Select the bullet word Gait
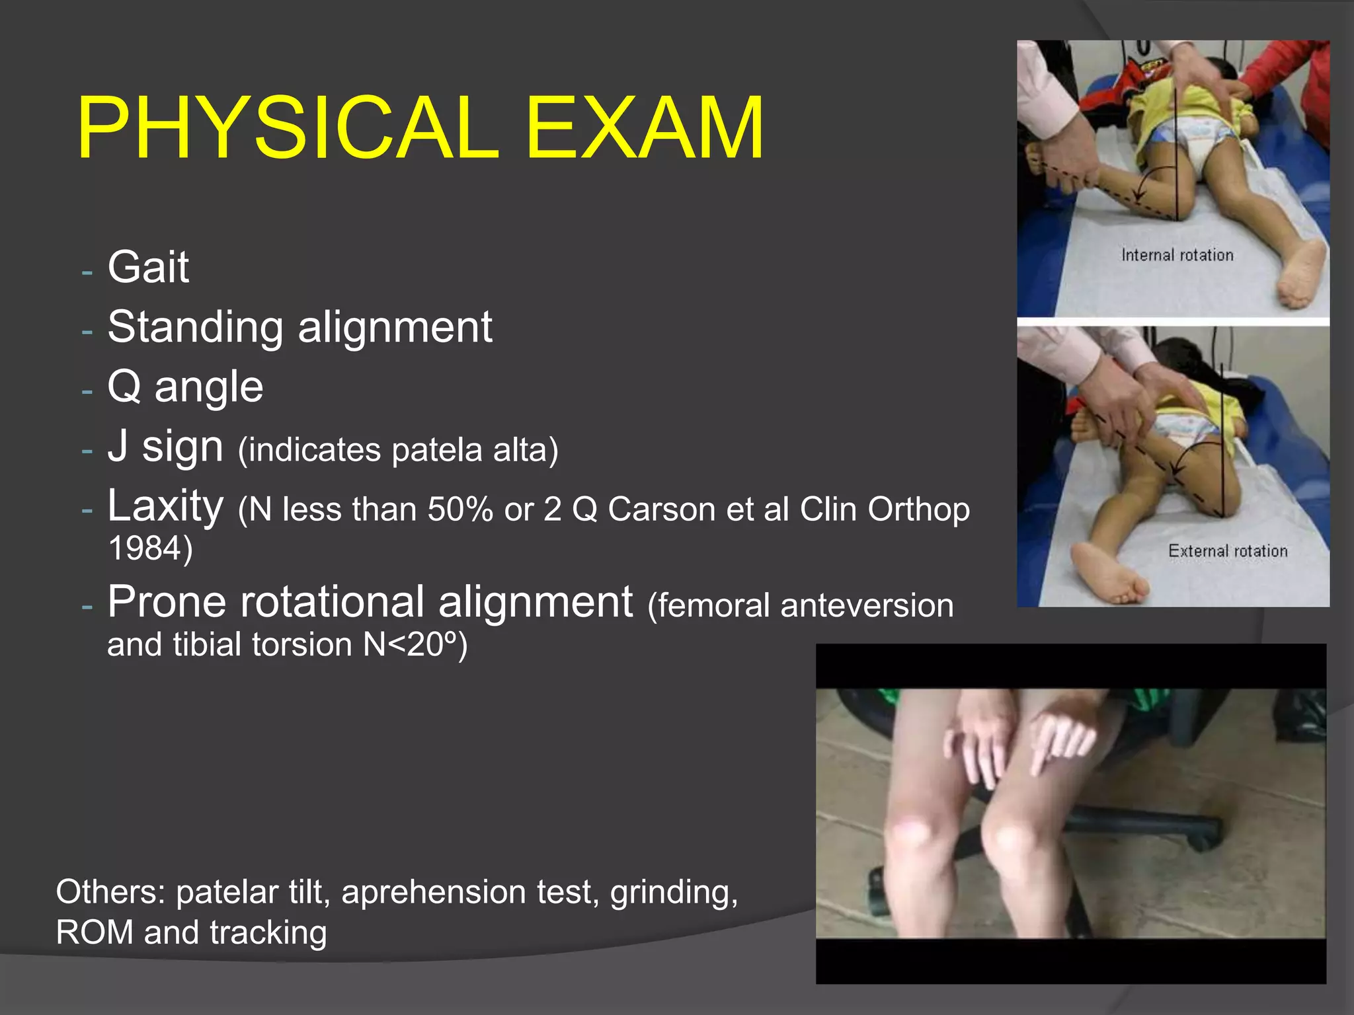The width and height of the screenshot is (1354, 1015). [x=148, y=268]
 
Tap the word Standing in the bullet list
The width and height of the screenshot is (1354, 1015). [x=195, y=328]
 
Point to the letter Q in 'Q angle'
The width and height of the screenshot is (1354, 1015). [x=124, y=387]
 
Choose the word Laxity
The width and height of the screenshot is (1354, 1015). [x=165, y=506]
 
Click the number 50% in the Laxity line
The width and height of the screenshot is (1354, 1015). [x=460, y=510]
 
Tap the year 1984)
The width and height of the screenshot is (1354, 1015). [x=150, y=548]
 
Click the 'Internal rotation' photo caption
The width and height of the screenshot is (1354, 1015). [x=1177, y=255]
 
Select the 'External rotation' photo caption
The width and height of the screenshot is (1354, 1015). [x=1228, y=551]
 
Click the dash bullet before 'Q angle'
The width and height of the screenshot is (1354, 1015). [x=87, y=391]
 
